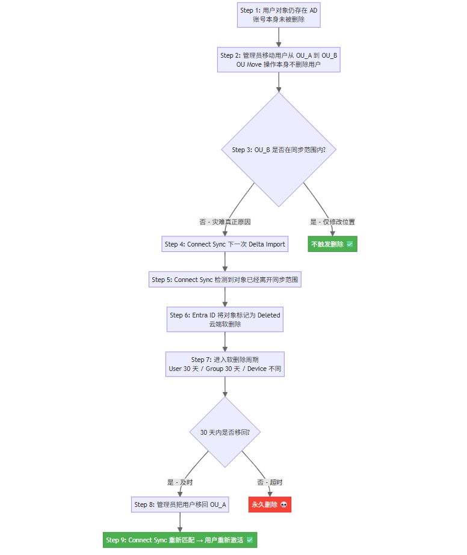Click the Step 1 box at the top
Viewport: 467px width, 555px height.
click(x=279, y=15)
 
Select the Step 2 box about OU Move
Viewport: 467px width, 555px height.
click(x=279, y=60)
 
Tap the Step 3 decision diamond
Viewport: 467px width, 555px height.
click(x=279, y=149)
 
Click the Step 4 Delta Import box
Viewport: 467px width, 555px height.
click(x=224, y=244)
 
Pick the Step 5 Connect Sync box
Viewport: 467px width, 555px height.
click(x=224, y=279)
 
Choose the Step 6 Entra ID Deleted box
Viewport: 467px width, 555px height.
click(x=224, y=319)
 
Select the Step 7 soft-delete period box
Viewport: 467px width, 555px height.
click(x=224, y=364)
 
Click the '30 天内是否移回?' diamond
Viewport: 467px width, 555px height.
click(x=224, y=432)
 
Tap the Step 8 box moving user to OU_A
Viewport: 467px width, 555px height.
click(x=180, y=504)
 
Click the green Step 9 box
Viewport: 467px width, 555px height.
click(x=180, y=540)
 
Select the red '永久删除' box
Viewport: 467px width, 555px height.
click(x=270, y=504)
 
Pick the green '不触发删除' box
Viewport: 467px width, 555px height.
click(x=332, y=244)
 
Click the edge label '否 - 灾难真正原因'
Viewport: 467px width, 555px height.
click(x=225, y=222)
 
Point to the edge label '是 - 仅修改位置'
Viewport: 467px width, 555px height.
click(x=332, y=222)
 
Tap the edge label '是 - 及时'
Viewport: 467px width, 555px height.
click(x=180, y=482)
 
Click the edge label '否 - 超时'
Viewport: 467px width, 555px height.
click(x=270, y=482)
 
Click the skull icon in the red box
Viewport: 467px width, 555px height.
click(x=283, y=504)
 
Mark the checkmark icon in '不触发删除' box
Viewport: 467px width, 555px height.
click(x=350, y=244)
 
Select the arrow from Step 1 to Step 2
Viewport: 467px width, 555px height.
click(x=279, y=37)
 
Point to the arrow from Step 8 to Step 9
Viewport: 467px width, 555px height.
click(x=180, y=522)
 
